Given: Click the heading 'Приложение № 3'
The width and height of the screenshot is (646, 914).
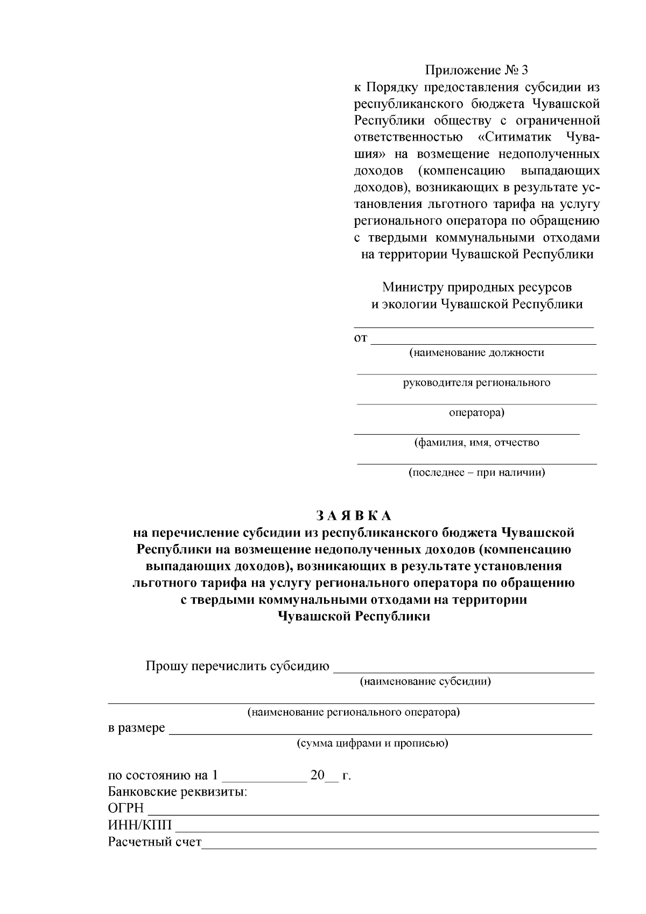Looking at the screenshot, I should tap(477, 71).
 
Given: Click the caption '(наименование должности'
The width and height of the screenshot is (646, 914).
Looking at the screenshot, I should tap(476, 353).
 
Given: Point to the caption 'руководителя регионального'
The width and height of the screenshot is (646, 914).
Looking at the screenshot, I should tap(476, 383).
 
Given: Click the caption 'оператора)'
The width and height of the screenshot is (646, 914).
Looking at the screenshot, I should tap(476, 413).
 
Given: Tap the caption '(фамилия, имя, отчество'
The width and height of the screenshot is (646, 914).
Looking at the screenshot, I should tap(476, 443).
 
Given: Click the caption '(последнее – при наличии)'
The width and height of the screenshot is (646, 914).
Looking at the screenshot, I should tap(476, 473).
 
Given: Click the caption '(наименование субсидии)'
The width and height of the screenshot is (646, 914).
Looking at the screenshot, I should tap(425, 681).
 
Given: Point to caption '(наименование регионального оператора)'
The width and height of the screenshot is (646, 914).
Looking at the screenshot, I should tap(353, 713).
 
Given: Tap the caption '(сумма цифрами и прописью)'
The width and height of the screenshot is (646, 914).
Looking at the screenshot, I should tap(373, 744).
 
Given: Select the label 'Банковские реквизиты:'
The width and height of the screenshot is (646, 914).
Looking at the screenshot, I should tap(178, 792).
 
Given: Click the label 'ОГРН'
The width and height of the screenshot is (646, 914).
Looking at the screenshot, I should tap(126, 809).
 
